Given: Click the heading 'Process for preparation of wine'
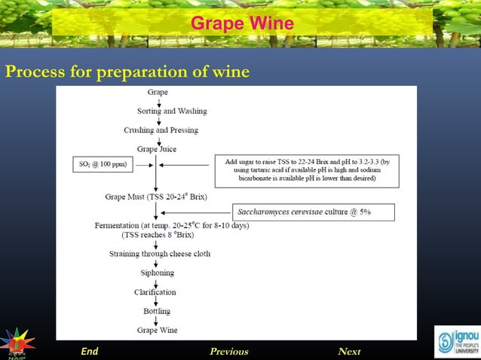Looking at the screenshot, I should click(x=127, y=72).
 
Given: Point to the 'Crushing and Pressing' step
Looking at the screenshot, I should click(x=161, y=130).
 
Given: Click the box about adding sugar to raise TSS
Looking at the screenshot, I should click(x=307, y=170).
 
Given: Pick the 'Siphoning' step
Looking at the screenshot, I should click(x=157, y=273).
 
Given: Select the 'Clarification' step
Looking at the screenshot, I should click(x=155, y=292).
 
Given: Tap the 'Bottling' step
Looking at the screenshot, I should click(x=156, y=311).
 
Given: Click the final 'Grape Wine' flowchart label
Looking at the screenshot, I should click(x=157, y=330).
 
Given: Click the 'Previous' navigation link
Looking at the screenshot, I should click(x=228, y=351).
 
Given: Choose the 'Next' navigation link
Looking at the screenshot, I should click(x=349, y=351).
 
